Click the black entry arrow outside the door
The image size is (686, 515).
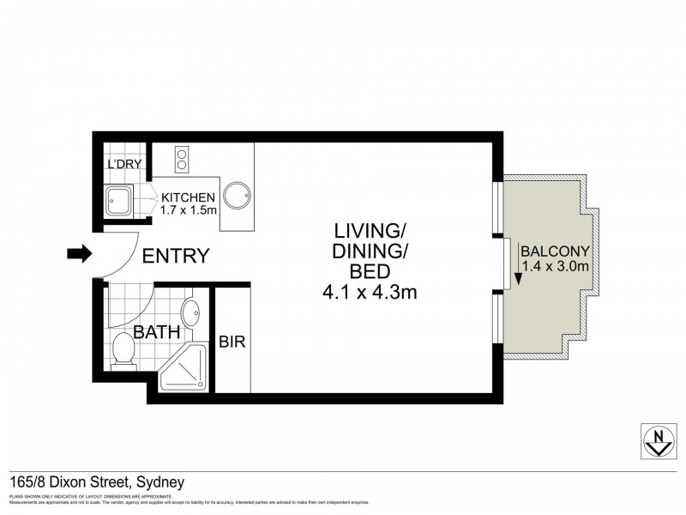[x=78, y=254]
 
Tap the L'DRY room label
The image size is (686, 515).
[x=123, y=165]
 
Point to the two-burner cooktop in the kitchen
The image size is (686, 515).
[x=182, y=160]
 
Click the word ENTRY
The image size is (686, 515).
[x=175, y=256]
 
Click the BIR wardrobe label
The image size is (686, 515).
[x=232, y=342]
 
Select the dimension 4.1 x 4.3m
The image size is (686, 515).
[x=370, y=294]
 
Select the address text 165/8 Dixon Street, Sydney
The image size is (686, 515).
[x=97, y=482]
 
